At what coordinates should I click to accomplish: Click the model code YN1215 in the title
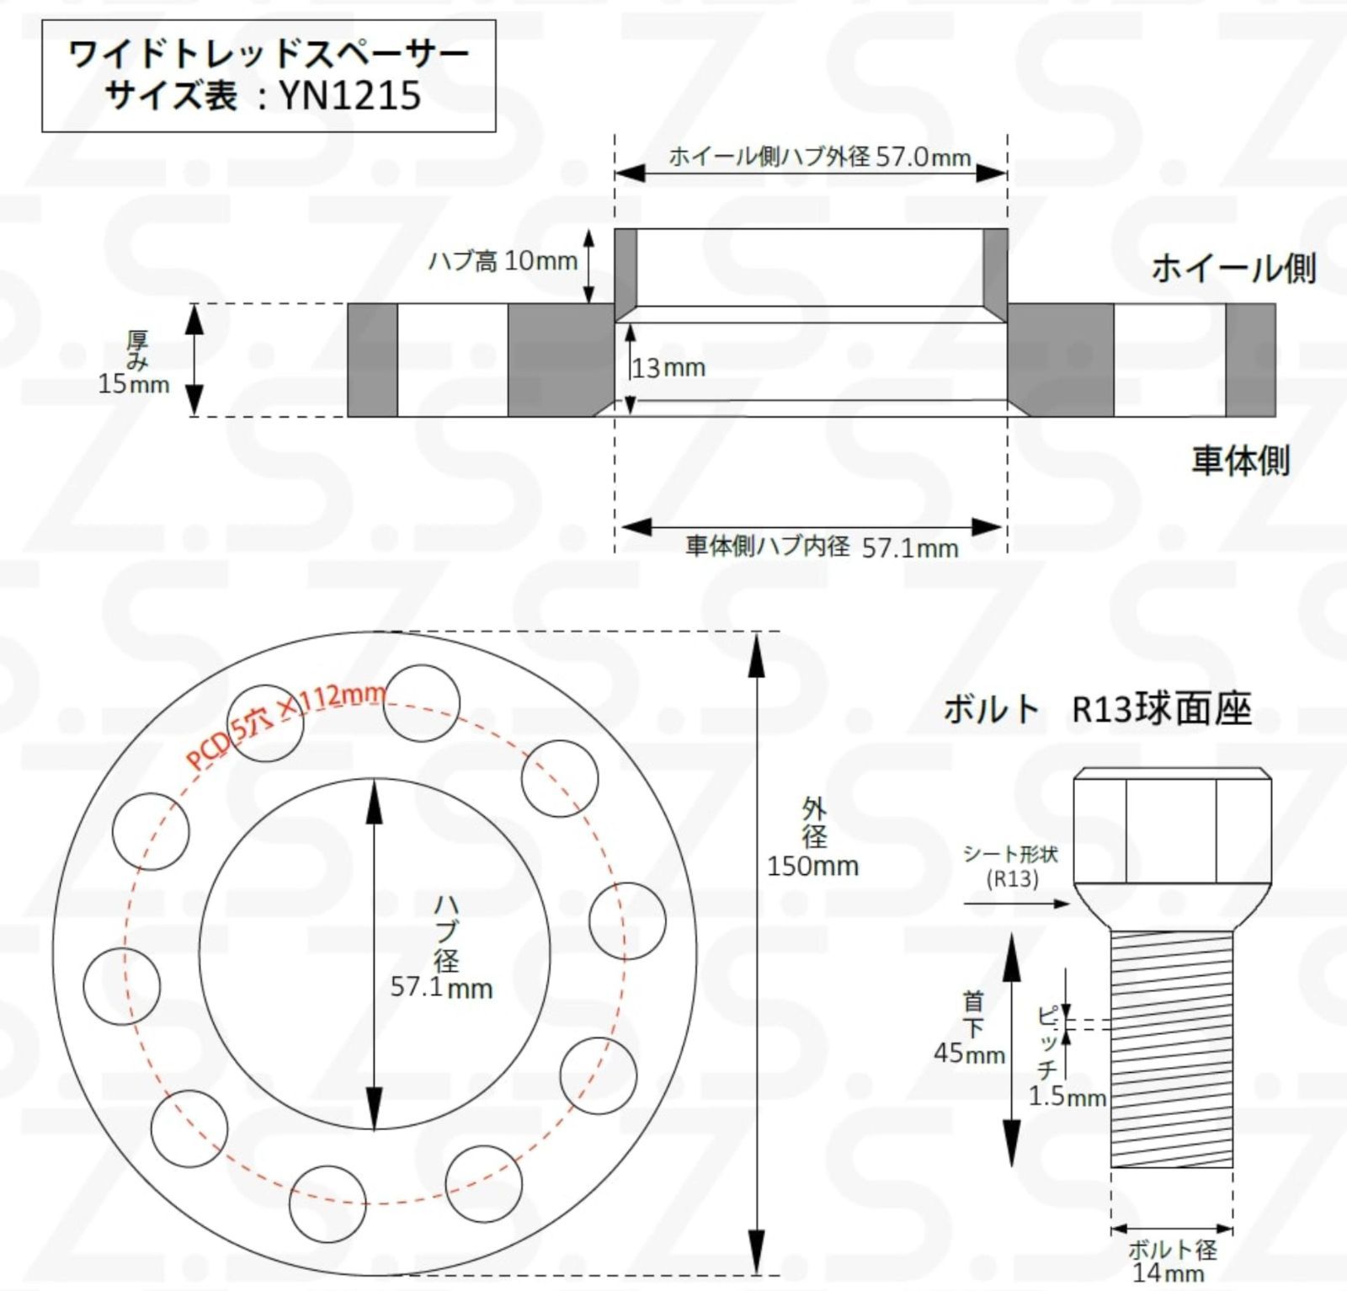tap(349, 95)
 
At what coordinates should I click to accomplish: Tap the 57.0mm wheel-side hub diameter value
tap(923, 157)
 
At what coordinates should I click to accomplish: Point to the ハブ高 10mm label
tap(503, 261)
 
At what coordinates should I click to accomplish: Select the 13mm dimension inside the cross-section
tap(668, 368)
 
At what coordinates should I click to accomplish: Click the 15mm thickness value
tap(133, 384)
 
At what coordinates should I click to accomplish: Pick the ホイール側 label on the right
tap(1233, 269)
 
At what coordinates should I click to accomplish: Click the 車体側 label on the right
tap(1240, 461)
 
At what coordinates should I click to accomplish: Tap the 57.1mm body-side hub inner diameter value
tap(910, 548)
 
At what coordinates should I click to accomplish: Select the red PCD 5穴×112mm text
tap(286, 726)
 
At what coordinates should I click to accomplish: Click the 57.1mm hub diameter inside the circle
tap(441, 987)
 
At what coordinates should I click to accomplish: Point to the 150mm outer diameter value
tap(812, 866)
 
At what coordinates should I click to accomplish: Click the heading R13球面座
tap(1162, 709)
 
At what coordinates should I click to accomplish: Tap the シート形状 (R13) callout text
tap(1011, 867)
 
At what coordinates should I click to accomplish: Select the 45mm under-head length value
tap(969, 1053)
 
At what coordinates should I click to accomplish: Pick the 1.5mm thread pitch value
tap(1067, 1096)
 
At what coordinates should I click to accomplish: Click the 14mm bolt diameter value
tap(1169, 1272)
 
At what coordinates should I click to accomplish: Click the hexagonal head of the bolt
tap(1172, 825)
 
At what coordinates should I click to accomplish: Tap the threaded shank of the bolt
tap(1172, 1048)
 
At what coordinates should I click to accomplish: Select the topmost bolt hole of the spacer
tap(421, 703)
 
